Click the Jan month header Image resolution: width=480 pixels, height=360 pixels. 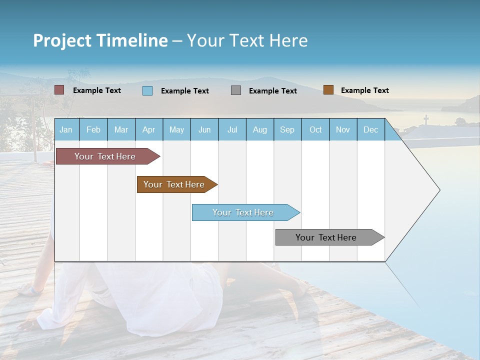coord(66,129)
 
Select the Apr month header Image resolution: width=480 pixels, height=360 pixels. coord(148,129)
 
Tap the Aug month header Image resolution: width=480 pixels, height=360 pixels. coord(259,129)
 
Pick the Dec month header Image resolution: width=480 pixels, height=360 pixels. coord(370,129)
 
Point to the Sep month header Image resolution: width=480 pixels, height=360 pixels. coord(287,129)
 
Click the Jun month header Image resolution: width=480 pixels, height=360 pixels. coord(204,129)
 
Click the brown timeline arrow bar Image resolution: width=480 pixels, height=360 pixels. coord(175,184)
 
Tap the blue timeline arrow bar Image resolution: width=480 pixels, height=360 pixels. coord(244,212)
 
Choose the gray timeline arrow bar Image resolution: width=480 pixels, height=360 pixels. coord(327,237)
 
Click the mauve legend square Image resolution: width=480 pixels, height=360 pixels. coord(59,90)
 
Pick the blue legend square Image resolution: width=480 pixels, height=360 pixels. coord(147,90)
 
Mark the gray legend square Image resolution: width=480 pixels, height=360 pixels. coord(236,90)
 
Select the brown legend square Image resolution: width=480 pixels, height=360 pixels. coord(328,90)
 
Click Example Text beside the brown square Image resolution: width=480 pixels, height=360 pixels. coord(364,90)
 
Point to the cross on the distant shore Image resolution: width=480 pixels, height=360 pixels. coord(426,119)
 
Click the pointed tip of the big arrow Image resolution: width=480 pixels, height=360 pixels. coord(438,190)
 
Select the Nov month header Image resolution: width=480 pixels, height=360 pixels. coord(342,129)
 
